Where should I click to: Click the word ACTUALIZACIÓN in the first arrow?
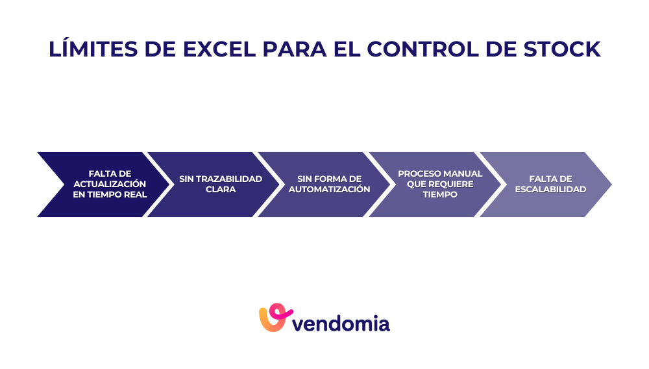click(110, 184)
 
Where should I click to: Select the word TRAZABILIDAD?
click(230, 179)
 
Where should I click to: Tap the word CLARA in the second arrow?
click(221, 189)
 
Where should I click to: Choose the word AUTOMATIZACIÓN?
click(329, 189)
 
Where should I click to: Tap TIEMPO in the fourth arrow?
click(440, 194)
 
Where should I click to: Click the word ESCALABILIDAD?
click(550, 189)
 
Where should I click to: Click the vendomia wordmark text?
click(341, 322)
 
